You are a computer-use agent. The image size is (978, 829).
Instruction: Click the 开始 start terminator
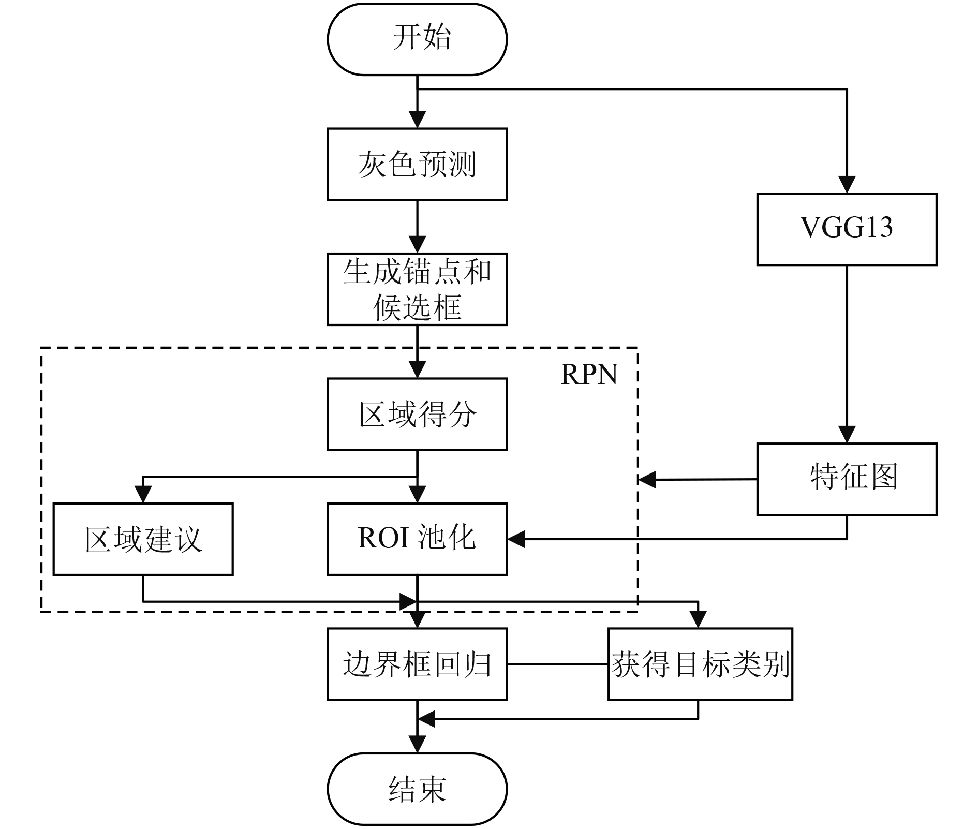(x=417, y=39)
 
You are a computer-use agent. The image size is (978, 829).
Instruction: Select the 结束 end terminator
(x=417, y=789)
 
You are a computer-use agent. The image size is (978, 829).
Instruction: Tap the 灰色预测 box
(x=417, y=164)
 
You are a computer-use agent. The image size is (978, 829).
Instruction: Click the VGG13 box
(x=847, y=229)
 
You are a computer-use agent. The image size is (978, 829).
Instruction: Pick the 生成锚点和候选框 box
(x=417, y=289)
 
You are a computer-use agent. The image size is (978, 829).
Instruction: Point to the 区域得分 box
(x=417, y=414)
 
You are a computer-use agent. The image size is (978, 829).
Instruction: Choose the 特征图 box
(x=847, y=479)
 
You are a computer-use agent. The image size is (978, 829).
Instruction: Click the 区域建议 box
(x=143, y=539)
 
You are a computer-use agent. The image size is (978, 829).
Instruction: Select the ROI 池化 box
(x=417, y=539)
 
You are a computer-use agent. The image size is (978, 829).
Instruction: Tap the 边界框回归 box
(x=417, y=664)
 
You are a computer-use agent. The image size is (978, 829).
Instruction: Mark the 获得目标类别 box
(x=700, y=664)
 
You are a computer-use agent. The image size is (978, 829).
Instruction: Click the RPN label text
(x=589, y=374)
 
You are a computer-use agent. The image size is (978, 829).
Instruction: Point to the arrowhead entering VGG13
(x=847, y=185)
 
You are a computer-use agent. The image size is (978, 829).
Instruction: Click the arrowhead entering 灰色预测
(x=417, y=120)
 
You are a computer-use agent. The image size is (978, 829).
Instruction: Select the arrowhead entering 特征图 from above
(x=847, y=435)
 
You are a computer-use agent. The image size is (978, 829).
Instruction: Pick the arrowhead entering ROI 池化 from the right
(x=516, y=539)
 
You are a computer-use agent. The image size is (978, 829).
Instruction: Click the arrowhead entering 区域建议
(x=143, y=495)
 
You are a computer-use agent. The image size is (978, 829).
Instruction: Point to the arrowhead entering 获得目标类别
(x=698, y=620)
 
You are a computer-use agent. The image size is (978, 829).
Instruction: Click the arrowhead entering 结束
(x=417, y=745)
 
